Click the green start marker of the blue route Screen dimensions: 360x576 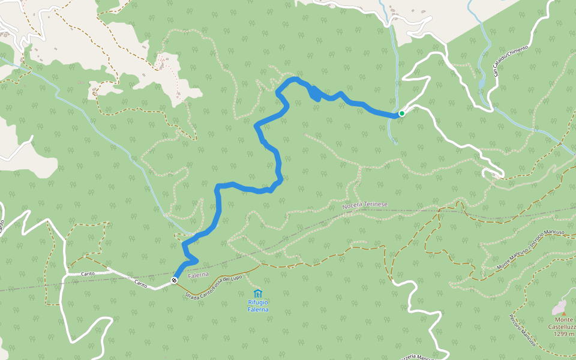[401, 113]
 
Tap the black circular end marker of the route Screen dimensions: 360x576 [174, 280]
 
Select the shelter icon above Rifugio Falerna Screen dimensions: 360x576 [258, 293]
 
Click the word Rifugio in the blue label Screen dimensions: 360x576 [258, 303]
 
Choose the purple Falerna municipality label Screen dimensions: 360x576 [197, 275]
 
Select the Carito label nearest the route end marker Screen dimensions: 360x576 [142, 282]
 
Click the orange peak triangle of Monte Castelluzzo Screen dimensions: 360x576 [563, 313]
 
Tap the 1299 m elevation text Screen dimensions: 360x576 [564, 334]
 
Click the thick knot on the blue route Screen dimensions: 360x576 [314, 93]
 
